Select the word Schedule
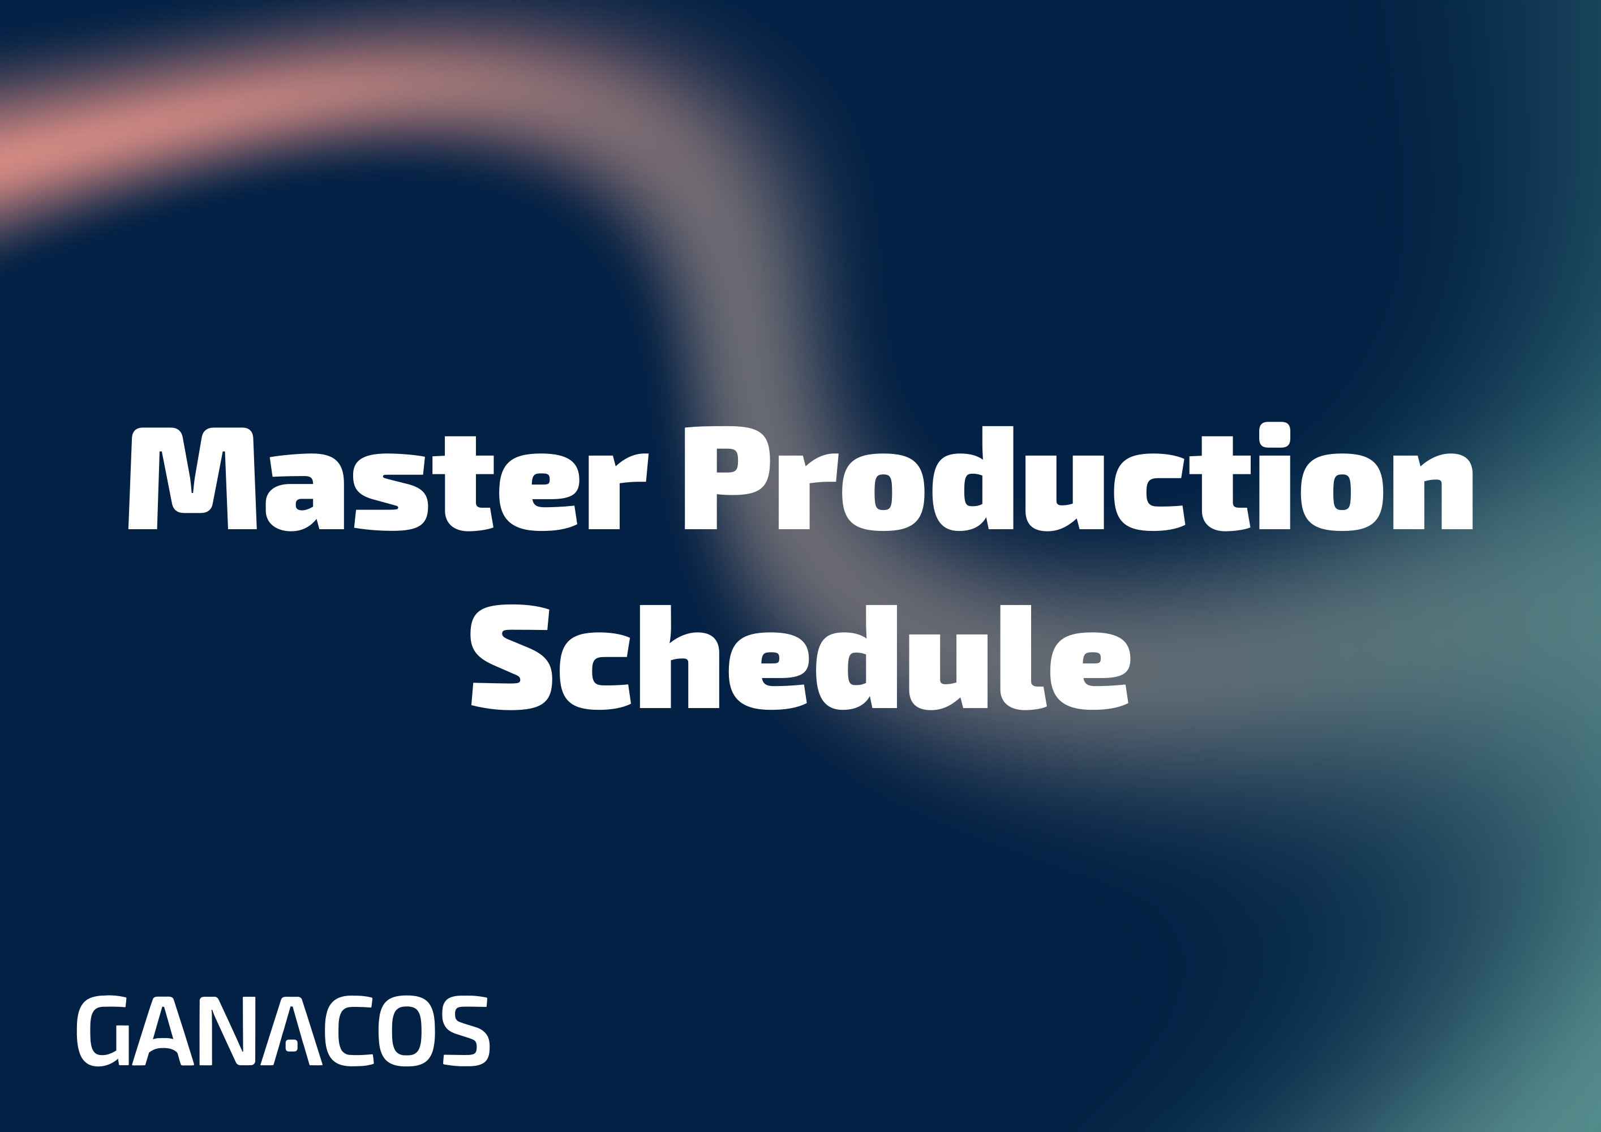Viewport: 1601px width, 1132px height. (800, 657)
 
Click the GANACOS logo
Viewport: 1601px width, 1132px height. (283, 1031)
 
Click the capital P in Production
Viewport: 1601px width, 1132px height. (727, 478)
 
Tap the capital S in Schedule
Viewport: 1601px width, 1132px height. (512, 657)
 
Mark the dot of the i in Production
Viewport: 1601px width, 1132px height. (1274, 435)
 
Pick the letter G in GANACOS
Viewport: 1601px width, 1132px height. (102, 1031)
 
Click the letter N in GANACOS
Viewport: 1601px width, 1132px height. (228, 1031)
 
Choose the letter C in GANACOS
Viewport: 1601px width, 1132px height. (349, 1031)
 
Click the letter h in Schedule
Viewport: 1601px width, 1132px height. (680, 657)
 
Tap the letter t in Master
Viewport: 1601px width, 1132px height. (463, 483)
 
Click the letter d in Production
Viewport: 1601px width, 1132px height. (973, 478)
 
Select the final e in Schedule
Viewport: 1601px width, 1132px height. (1090, 670)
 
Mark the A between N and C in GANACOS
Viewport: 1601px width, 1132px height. (291, 1031)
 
